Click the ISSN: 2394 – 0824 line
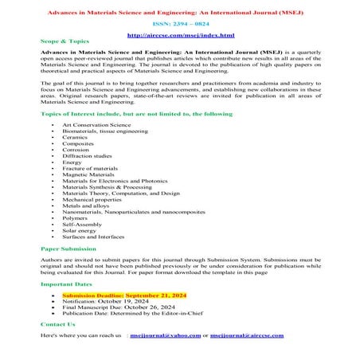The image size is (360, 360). [181, 25]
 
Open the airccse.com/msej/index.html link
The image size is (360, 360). [181, 36]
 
